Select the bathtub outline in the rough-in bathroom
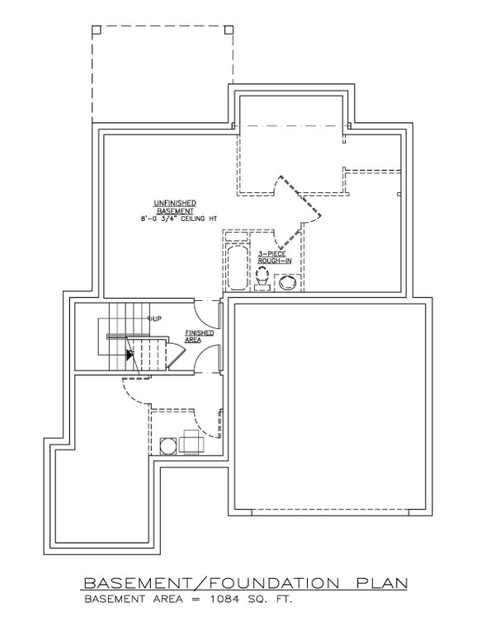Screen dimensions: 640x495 click(x=237, y=268)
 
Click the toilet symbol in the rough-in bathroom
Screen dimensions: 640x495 click(x=262, y=281)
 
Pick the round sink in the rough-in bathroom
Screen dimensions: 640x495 click(x=288, y=283)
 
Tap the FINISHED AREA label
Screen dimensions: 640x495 click(x=200, y=336)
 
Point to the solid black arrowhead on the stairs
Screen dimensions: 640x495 click(x=129, y=355)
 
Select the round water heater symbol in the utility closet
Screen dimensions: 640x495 click(x=167, y=445)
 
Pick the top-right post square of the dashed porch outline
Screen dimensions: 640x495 click(x=229, y=29)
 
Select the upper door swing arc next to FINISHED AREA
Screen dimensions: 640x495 click(x=205, y=314)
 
